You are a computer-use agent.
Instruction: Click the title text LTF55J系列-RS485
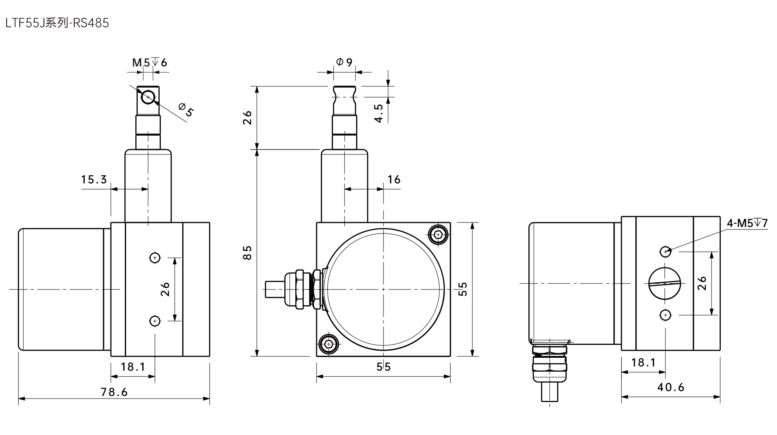point(57,23)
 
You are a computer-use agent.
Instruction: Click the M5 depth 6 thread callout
point(149,62)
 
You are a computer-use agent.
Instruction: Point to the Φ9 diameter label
point(344,62)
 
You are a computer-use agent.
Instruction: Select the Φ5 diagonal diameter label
point(186,109)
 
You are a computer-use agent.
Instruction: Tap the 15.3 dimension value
point(94,180)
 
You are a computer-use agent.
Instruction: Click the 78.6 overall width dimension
point(114,392)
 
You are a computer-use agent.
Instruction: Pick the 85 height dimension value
point(247,252)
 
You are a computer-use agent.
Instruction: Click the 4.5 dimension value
point(379,113)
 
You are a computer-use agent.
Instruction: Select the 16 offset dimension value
point(394,180)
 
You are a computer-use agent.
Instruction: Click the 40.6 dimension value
point(671,387)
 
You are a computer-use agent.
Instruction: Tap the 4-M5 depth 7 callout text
point(747,223)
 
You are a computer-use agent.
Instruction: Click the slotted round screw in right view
point(665,283)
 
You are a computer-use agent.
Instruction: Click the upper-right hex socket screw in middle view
point(438,234)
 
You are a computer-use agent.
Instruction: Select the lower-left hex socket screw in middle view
point(329,344)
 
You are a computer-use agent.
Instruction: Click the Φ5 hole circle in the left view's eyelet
point(148,97)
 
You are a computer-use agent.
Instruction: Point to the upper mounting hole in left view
point(155,258)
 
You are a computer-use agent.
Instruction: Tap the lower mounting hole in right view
point(665,315)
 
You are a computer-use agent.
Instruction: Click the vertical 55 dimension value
point(463,289)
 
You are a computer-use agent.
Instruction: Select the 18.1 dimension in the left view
point(133,367)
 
